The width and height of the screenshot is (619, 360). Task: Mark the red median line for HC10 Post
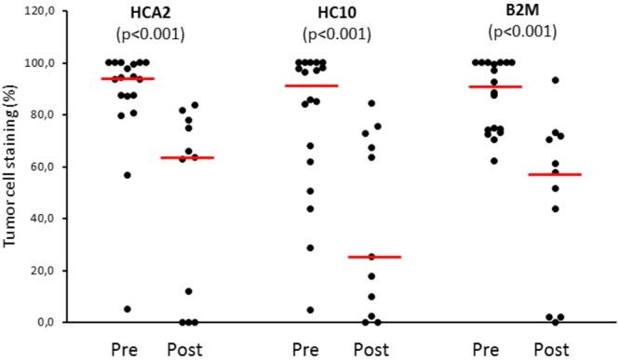373,257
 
